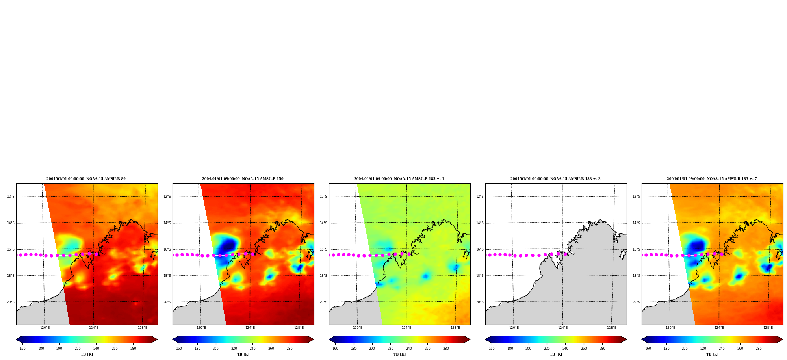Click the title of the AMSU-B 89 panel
pyautogui.click(x=86, y=179)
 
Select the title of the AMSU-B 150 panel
pyautogui.click(x=243, y=179)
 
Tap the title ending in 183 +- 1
pyautogui.click(x=399, y=179)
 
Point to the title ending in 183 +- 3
pyautogui.click(x=555, y=179)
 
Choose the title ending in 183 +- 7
pyautogui.click(x=712, y=179)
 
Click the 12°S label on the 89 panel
pyautogui.click(x=11, y=197)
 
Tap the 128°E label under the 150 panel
pyautogui.click(x=299, y=328)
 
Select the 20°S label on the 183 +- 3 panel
pyautogui.click(x=480, y=302)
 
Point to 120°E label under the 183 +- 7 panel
pyautogui.click(x=670, y=328)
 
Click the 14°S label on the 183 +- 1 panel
pyautogui.click(x=323, y=223)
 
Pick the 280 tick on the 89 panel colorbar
pyautogui.click(x=133, y=348)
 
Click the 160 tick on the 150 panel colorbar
pyautogui.click(x=179, y=348)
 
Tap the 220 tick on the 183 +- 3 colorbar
pyautogui.click(x=547, y=348)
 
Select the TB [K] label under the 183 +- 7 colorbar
pyautogui.click(x=712, y=354)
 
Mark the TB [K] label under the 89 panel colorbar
pyautogui.click(x=87, y=354)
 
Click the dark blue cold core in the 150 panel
pyautogui.click(x=228, y=247)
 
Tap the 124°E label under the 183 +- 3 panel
pyautogui.click(x=563, y=328)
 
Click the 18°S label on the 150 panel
pyautogui.click(x=167, y=276)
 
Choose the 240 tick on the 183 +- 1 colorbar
pyautogui.click(x=409, y=348)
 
